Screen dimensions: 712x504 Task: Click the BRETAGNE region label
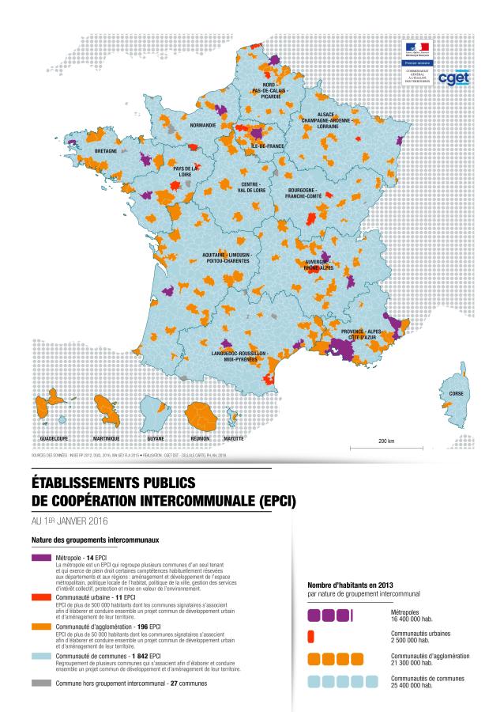[x=106, y=150]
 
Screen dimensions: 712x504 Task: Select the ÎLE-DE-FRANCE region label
[x=267, y=146]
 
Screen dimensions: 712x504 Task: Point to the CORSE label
[x=457, y=393]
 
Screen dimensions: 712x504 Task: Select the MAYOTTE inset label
[x=233, y=437]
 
